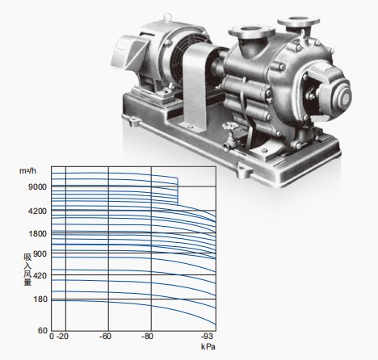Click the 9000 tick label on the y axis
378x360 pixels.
point(37,186)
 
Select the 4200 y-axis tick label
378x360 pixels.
point(37,211)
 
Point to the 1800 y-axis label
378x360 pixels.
point(38,233)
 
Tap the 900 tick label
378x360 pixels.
point(40,253)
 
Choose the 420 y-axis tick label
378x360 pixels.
point(40,275)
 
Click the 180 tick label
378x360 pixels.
point(40,299)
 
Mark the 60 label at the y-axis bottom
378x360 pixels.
point(43,330)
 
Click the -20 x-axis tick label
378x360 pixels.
point(62,337)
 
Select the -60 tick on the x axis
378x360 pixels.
point(105,337)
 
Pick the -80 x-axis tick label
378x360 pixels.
point(147,337)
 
